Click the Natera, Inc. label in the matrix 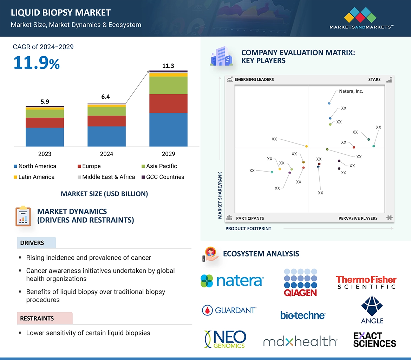pos(351,91)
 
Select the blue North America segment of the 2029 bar pos(168,129)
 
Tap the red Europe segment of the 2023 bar pos(45,123)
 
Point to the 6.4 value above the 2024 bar pos(106,97)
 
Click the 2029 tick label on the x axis pos(168,154)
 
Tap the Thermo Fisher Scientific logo pos(366,282)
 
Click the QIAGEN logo pos(300,282)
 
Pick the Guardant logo pos(229,310)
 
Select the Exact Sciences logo pos(374,340)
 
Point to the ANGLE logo pos(372,309)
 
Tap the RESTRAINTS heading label pos(37,319)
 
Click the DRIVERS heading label pos(32,243)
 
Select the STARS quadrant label pos(374,80)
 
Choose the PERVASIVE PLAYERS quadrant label pos(358,218)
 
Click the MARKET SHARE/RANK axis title pos(220,195)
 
